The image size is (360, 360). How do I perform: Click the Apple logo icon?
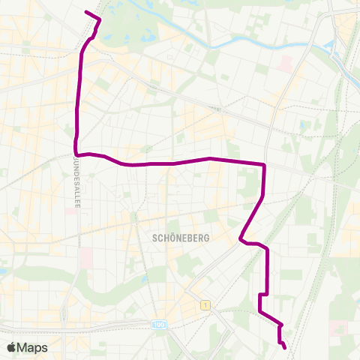coord(12,347)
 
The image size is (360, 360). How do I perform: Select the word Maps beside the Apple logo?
coord(32,347)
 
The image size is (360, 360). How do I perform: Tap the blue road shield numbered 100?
coord(158,325)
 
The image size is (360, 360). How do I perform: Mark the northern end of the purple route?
coord(86,12)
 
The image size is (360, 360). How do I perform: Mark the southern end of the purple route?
coord(285,346)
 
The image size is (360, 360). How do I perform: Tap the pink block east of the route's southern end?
coord(338,328)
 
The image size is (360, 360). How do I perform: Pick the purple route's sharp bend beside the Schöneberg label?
coord(240,240)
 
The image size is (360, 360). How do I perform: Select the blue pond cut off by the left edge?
coord(2,269)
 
